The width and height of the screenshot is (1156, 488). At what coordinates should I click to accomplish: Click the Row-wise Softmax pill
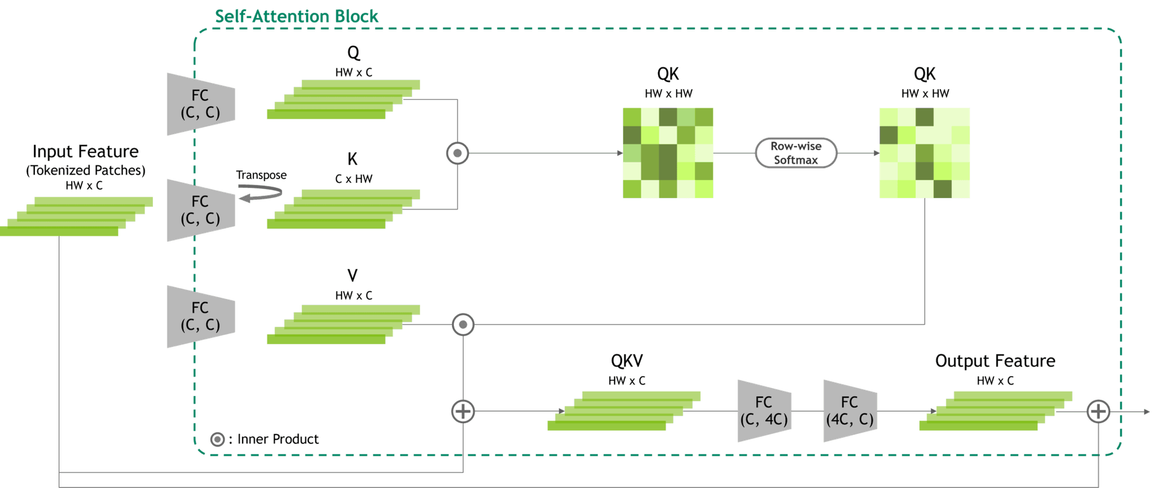click(796, 153)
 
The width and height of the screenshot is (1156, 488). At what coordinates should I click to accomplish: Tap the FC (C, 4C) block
click(764, 411)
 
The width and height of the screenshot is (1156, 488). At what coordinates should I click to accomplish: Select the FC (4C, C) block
click(850, 411)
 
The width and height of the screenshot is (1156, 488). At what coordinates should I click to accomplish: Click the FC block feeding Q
click(200, 104)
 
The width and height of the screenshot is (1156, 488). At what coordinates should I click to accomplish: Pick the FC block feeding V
click(200, 317)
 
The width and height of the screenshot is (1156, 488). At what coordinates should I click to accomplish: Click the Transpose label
click(261, 175)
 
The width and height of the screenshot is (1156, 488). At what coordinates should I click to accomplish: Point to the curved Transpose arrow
click(260, 194)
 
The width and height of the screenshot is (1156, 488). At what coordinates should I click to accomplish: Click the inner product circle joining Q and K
click(458, 153)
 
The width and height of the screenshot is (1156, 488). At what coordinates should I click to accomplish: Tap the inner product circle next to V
click(463, 325)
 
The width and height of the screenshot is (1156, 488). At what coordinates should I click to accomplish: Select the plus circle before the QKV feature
click(463, 412)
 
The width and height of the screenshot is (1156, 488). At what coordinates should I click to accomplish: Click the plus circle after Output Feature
click(1098, 412)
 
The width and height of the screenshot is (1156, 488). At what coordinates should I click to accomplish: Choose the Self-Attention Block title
click(296, 16)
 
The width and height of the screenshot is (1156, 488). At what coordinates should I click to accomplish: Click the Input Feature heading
click(85, 152)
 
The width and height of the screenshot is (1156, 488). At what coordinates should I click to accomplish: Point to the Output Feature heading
click(995, 361)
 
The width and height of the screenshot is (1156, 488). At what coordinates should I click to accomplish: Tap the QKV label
click(627, 361)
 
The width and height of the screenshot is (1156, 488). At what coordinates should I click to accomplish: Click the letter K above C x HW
click(353, 159)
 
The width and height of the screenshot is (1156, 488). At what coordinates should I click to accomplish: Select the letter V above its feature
click(353, 276)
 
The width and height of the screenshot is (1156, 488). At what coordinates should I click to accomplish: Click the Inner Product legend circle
click(217, 440)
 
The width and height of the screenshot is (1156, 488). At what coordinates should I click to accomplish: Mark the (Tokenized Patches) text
click(85, 171)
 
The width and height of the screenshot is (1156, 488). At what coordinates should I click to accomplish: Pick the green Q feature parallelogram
click(344, 99)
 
